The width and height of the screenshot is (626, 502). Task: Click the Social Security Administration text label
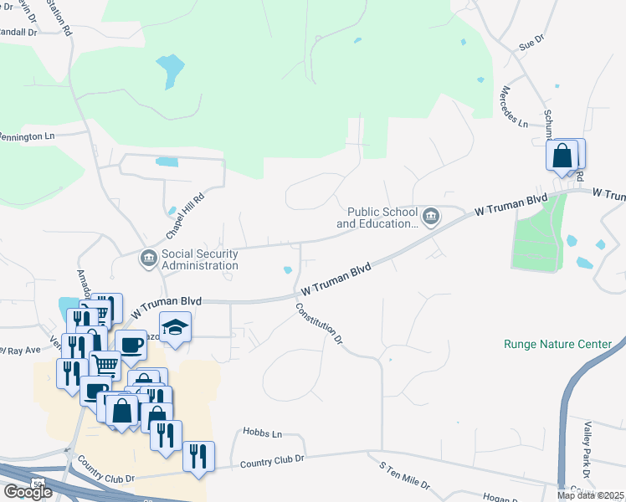pyautogui.click(x=200, y=259)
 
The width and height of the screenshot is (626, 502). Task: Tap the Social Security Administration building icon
pyautogui.click(x=148, y=257)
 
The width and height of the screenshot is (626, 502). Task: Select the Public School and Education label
pyautogui.click(x=377, y=218)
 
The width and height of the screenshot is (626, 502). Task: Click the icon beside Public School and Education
pyautogui.click(x=430, y=218)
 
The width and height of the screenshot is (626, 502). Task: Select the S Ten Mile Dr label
pyautogui.click(x=404, y=474)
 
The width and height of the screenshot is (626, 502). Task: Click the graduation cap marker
pyautogui.click(x=176, y=326)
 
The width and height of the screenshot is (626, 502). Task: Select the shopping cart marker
pyautogui.click(x=105, y=364)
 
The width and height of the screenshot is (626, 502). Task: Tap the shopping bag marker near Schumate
pyautogui.click(x=562, y=155)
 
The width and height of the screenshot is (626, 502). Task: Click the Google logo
pyautogui.click(x=28, y=492)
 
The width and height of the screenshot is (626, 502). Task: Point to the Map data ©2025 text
pyautogui.click(x=590, y=495)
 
